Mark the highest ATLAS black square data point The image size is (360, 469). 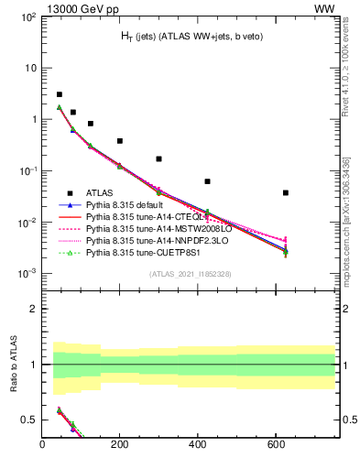tap(60, 94)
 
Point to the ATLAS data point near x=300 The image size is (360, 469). tap(158, 158)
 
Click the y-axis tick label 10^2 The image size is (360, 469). tap(28, 17)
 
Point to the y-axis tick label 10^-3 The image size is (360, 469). tap(28, 274)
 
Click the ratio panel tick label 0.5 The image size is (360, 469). tap(29, 420)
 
